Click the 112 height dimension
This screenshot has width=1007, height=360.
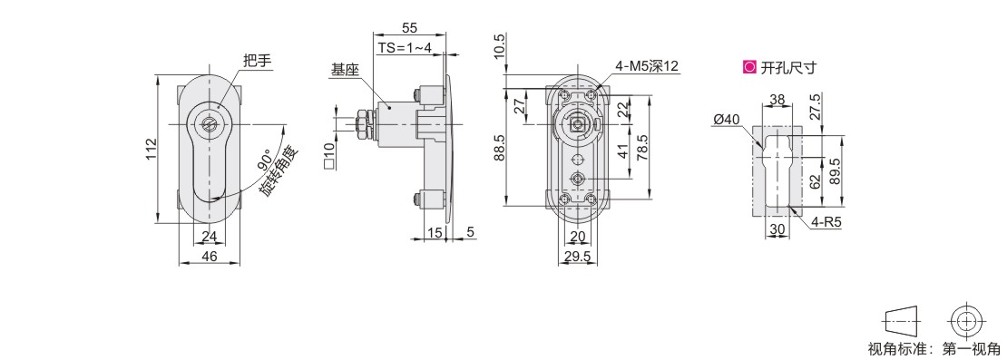(x=151, y=150)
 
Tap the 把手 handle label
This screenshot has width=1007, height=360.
(x=259, y=61)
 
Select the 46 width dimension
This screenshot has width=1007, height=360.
(x=210, y=256)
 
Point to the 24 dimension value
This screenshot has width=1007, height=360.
(x=210, y=237)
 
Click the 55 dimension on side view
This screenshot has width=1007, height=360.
(x=409, y=28)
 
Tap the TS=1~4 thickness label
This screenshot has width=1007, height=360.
(x=404, y=48)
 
